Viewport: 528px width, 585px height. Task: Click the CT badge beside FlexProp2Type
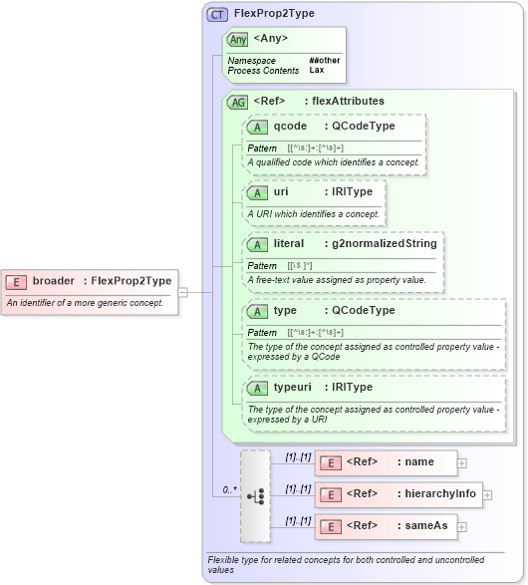(217, 14)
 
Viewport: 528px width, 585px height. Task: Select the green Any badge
(237, 39)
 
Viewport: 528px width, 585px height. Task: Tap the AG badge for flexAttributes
(238, 102)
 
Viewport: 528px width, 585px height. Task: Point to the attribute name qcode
(290, 127)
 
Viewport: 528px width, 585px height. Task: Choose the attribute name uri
(281, 191)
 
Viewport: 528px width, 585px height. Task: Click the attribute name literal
(289, 243)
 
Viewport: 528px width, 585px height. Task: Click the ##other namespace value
(324, 61)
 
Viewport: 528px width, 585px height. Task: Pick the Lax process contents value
(316, 71)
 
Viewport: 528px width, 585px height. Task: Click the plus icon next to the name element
(462, 462)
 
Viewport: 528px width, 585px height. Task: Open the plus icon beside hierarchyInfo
(487, 494)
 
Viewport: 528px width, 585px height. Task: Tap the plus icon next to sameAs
(462, 526)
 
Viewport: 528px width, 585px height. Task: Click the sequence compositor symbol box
(256, 494)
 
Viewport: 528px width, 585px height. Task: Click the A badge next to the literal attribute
(257, 244)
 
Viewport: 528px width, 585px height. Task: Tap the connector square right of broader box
(183, 292)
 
